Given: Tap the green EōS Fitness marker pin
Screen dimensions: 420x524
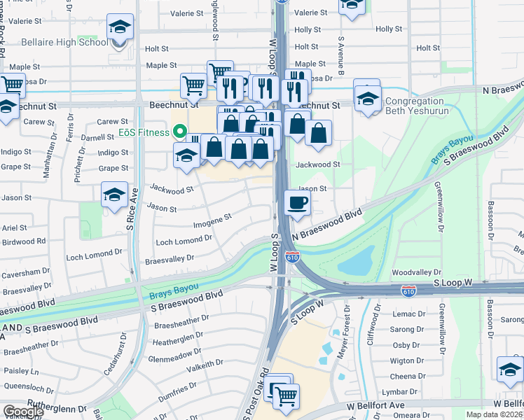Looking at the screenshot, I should point(179,132).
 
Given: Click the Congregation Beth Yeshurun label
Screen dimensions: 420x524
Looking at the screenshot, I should point(424,106).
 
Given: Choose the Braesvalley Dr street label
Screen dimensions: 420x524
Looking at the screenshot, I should point(169,259).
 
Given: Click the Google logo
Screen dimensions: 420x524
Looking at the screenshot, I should point(23,412).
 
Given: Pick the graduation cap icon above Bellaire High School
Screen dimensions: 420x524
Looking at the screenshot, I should point(120,28).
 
